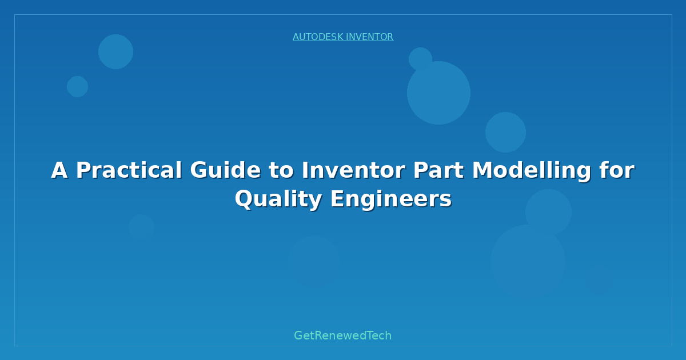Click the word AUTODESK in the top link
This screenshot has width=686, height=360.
coord(318,37)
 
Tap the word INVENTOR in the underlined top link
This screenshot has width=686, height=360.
coord(370,37)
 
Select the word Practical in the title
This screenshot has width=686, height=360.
coord(129,170)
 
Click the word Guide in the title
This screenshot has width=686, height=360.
coord(225,170)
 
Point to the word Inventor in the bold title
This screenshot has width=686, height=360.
coord(353,170)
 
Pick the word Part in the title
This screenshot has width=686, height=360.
coord(438,170)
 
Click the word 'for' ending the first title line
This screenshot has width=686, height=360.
coord(617,170)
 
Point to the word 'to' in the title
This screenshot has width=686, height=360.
coord(281,170)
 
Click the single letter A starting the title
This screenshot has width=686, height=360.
coord(59,170)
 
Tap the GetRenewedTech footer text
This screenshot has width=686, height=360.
coord(342,335)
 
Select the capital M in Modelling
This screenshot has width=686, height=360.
coord(483,170)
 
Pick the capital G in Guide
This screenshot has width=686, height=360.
coord(200,170)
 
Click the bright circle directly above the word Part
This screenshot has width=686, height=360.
coord(438,93)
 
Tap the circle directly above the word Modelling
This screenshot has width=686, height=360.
coord(505,132)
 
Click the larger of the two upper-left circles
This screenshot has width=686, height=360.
coord(115,52)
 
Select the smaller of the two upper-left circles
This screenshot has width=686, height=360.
coord(78,87)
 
